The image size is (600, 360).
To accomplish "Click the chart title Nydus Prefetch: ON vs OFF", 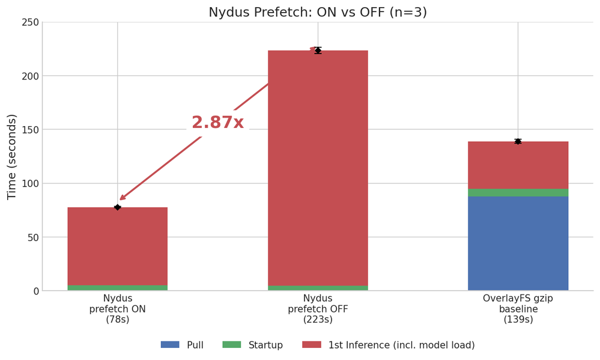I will [x=318, y=12].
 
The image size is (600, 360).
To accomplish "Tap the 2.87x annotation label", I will [x=217, y=123].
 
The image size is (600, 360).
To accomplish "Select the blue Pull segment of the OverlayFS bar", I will [x=518, y=243].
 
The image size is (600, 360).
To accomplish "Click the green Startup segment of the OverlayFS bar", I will [x=518, y=192].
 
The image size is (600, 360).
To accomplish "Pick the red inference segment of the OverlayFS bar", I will [x=518, y=165].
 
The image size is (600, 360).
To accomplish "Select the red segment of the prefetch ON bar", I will [x=117, y=246].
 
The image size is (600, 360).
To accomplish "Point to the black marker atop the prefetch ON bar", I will [x=117, y=207].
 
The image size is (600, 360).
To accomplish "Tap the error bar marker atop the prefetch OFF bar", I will [x=318, y=50].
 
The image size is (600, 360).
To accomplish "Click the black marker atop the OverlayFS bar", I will [x=518, y=141].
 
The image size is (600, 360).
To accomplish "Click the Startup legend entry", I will [x=252, y=345].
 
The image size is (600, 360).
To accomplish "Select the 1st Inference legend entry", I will [x=388, y=345].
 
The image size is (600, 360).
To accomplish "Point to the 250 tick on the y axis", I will [x=31, y=22].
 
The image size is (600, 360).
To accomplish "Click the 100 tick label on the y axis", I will [x=31, y=183].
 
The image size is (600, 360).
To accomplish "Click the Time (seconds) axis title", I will [x=12, y=156].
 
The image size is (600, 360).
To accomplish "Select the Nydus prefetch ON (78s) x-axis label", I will [x=117, y=309].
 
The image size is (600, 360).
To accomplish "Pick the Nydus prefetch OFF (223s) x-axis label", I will [x=318, y=309].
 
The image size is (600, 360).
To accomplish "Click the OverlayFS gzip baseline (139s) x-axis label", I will [x=518, y=309].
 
